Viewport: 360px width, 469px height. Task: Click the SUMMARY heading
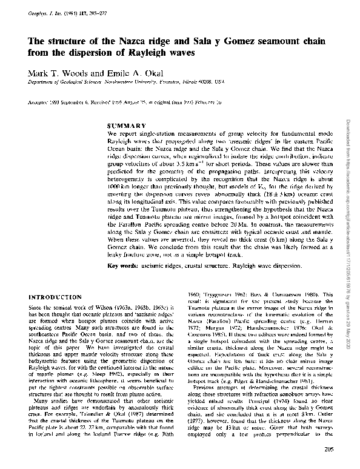click(124, 124)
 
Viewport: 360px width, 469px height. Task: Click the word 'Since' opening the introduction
click(36, 309)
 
